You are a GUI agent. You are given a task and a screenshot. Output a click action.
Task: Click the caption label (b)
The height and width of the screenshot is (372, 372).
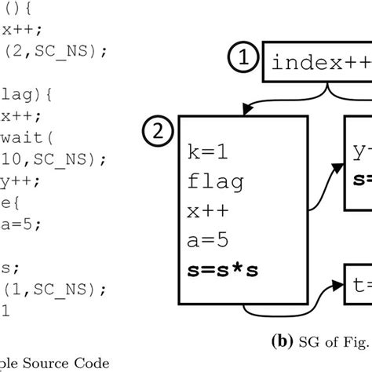tap(283, 341)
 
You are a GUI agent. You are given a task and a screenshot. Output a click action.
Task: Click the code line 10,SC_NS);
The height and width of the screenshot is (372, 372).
tap(43, 159)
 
